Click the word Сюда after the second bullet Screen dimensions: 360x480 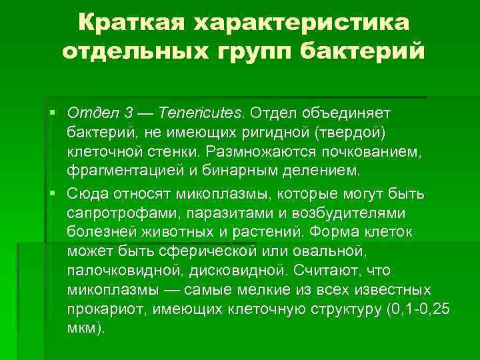coord(86,193)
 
